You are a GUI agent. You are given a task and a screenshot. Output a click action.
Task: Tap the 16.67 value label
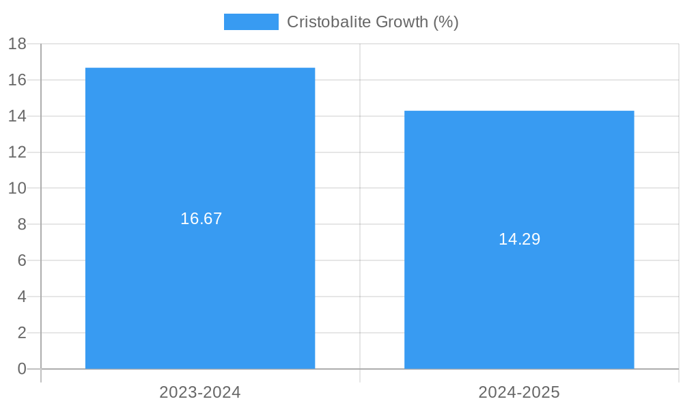pyautogui.click(x=201, y=219)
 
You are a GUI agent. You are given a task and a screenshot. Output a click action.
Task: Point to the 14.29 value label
pyautogui.click(x=519, y=239)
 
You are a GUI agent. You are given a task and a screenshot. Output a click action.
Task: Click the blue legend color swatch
pyautogui.click(x=251, y=22)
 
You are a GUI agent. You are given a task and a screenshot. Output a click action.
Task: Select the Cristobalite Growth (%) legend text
pyautogui.click(x=372, y=22)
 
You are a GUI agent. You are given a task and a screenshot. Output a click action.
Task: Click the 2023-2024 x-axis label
pyautogui.click(x=200, y=392)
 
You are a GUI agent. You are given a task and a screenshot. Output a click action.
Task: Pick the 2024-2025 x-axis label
pyautogui.click(x=519, y=392)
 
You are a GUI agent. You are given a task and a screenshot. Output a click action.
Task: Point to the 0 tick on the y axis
pyautogui.click(x=21, y=369)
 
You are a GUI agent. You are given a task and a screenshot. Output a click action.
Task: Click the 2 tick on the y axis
pyautogui.click(x=21, y=333)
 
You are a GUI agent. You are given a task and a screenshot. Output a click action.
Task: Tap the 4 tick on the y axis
pyautogui.click(x=21, y=297)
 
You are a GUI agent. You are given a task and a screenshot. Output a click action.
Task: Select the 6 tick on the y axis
pyautogui.click(x=21, y=260)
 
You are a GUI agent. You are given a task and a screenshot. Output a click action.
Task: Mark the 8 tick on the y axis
pyautogui.click(x=21, y=224)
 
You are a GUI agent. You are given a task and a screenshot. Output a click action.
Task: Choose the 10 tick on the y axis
pyautogui.click(x=17, y=188)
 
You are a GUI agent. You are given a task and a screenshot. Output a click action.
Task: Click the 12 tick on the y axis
pyautogui.click(x=17, y=152)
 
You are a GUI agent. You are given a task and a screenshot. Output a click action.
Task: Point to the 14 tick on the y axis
pyautogui.click(x=17, y=116)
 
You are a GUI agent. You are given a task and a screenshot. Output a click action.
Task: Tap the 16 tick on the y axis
pyautogui.click(x=17, y=80)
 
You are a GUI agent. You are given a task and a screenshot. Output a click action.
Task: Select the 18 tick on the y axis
pyautogui.click(x=17, y=44)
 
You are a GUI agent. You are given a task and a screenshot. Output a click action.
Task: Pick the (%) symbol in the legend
pyautogui.click(x=446, y=22)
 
